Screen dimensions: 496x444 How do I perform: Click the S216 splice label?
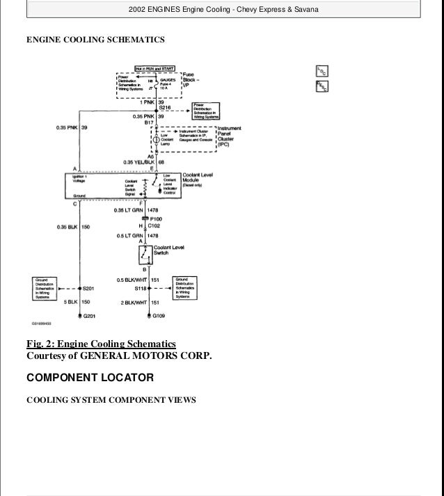[164, 109]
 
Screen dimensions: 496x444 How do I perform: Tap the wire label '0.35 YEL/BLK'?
[136, 162]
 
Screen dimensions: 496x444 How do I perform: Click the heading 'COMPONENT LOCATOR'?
[90, 378]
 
